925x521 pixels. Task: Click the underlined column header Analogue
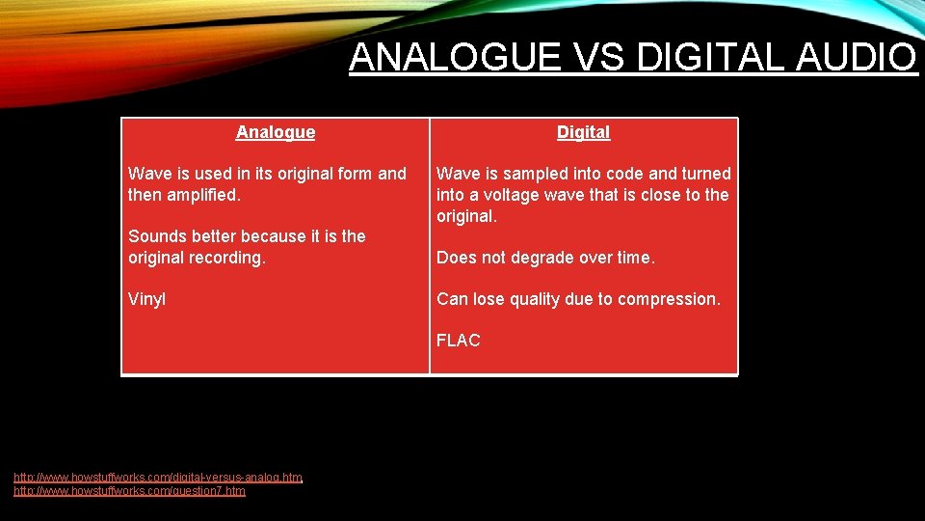click(x=276, y=132)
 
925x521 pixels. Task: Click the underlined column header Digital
click(x=583, y=132)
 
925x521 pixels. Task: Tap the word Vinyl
click(x=146, y=299)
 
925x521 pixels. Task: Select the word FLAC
click(x=458, y=341)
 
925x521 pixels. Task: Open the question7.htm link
click(x=129, y=491)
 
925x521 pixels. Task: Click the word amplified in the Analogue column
click(x=203, y=195)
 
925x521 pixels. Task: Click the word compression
click(x=667, y=299)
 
